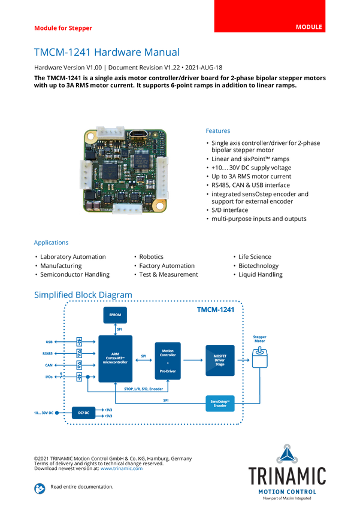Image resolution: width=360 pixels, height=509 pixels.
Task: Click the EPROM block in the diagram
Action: [115, 316]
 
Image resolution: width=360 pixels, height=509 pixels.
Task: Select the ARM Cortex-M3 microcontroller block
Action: [115, 358]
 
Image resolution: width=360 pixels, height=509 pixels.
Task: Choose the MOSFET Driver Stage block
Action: [219, 359]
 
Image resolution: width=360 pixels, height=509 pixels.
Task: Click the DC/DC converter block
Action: [83, 413]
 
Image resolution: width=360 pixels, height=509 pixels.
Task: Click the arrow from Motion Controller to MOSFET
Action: [192, 359]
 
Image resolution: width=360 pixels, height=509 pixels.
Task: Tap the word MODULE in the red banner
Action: [308, 28]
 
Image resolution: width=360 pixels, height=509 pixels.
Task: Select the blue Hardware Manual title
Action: [105, 52]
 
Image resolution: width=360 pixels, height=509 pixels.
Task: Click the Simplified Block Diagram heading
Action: [83, 294]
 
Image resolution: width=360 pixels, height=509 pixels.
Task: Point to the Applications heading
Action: [51, 243]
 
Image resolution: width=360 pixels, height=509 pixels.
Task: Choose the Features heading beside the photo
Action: [219, 131]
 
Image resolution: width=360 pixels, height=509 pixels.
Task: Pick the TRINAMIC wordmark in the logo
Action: [287, 476]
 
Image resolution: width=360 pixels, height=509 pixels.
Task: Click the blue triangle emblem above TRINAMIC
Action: [288, 453]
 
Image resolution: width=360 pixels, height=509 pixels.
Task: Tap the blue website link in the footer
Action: [122, 468]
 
